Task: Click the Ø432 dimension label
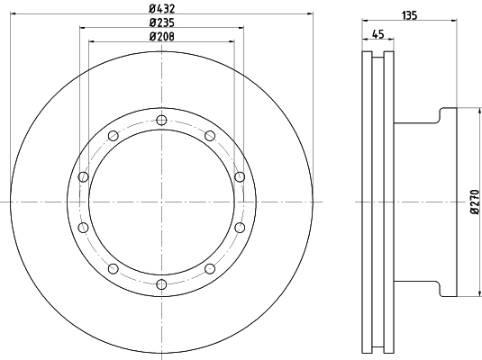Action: point(161,8)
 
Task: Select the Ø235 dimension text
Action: point(161,22)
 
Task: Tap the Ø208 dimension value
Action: point(161,36)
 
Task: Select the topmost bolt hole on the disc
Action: point(161,121)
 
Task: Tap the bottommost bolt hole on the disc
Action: point(161,285)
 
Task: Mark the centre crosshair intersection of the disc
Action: point(161,202)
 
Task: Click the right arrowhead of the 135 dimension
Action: point(453,22)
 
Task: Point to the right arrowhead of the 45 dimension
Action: point(393,41)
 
